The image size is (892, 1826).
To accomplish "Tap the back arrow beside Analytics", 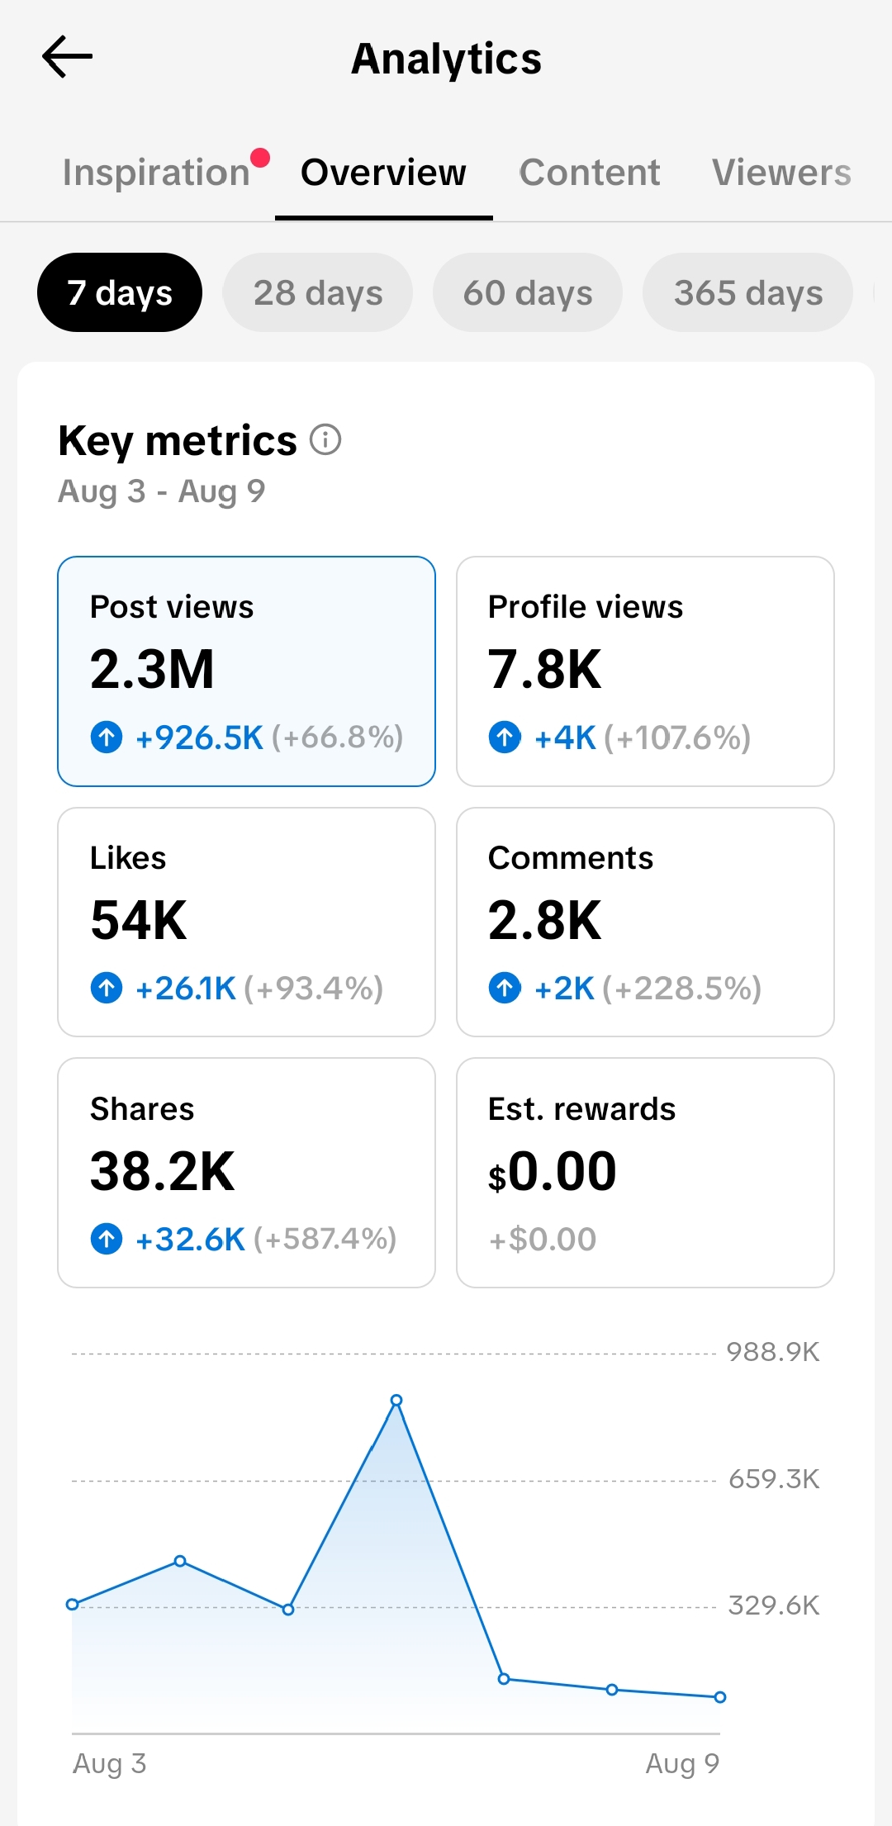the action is coord(67,57).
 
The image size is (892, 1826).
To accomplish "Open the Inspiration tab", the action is coord(156,173).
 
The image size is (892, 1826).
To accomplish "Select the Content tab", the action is coord(590,173).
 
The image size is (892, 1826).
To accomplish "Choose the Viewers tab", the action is coord(781,173).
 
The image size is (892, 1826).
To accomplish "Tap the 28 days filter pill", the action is coord(318,292).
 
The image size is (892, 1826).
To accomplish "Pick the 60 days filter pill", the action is coord(528,292).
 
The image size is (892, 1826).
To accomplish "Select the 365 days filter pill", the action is coord(748,292).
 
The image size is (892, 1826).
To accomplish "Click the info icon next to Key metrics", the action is coord(325,439).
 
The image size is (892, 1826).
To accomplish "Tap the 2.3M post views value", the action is coord(153,669).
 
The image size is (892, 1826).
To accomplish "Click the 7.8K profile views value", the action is coord(545,669).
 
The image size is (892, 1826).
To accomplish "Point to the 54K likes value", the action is coord(139,920).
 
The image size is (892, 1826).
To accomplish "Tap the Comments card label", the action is coord(571,858).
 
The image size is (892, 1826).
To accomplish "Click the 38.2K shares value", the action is coord(163,1171).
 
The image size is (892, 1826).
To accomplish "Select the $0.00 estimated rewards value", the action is coord(553,1171).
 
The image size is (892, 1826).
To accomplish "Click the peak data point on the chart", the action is coord(396,1401).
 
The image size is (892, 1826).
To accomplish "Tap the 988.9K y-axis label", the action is coord(773,1352).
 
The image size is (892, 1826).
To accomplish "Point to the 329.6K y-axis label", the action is coord(774,1605).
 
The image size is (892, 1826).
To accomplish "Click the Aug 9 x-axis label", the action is coord(682,1763).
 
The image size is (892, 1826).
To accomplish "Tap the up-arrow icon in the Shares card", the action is coord(107,1239).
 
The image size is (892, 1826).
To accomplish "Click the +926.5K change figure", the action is coord(199,738).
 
